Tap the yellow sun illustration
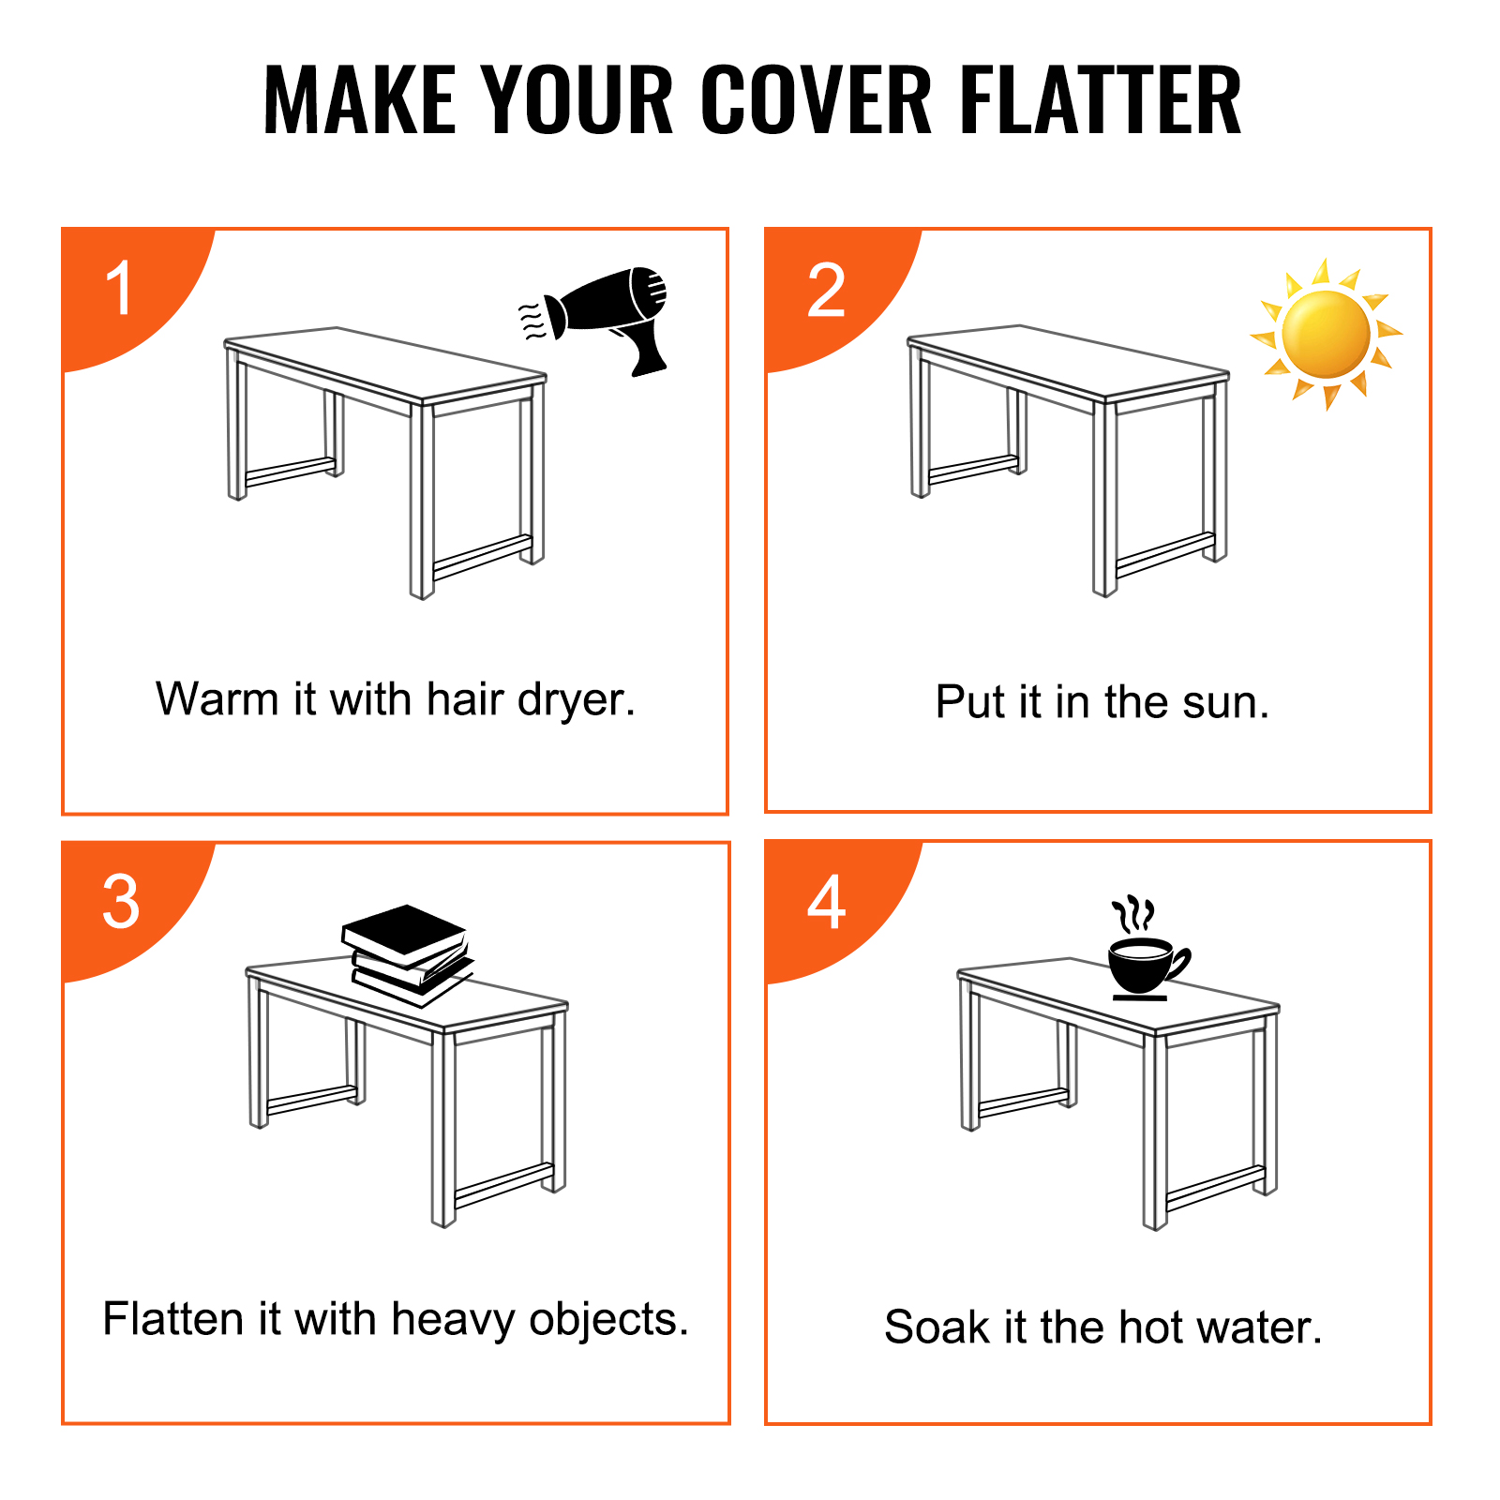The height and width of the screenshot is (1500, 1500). pyautogui.click(x=1326, y=334)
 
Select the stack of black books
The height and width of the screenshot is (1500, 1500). pyautogui.click(x=408, y=954)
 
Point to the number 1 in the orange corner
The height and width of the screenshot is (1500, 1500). pyautogui.click(x=119, y=289)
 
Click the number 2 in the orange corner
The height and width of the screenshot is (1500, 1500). pyautogui.click(x=826, y=290)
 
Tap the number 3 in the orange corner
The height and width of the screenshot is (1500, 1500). pyautogui.click(x=121, y=902)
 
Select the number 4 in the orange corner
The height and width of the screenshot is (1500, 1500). pyautogui.click(x=827, y=902)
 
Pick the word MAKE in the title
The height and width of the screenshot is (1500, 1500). pyautogui.click(x=359, y=100)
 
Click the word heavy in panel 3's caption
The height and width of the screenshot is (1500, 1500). pyautogui.click(x=454, y=1320)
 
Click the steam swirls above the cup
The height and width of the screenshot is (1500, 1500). pyautogui.click(x=1132, y=913)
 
